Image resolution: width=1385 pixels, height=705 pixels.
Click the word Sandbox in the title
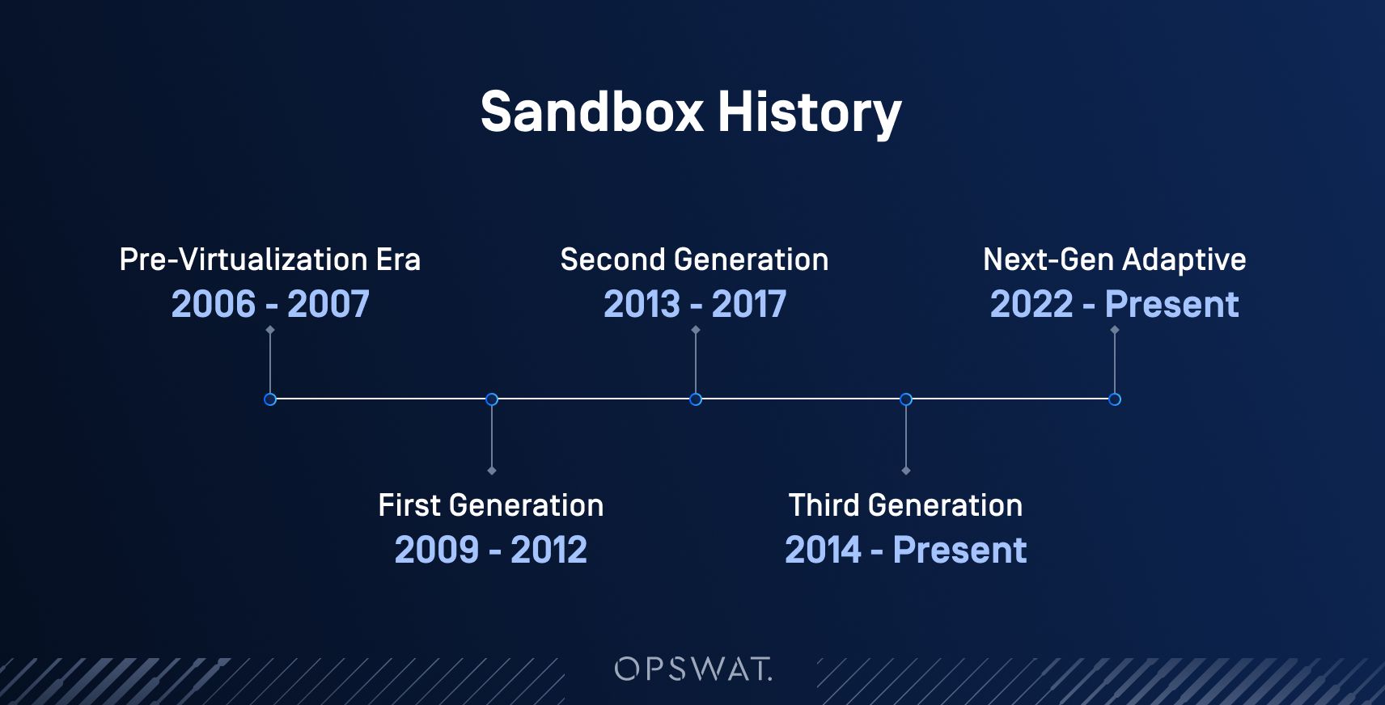(x=591, y=112)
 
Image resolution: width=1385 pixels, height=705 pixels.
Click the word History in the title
(x=809, y=112)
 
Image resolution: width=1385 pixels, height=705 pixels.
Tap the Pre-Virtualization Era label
(x=269, y=260)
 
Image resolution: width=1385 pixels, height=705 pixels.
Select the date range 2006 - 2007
(x=269, y=305)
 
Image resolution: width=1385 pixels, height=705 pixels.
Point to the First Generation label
(x=490, y=505)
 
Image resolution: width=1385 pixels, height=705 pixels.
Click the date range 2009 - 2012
(x=490, y=551)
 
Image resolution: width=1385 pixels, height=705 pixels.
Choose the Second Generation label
(x=694, y=260)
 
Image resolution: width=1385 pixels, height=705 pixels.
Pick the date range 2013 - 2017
(x=694, y=305)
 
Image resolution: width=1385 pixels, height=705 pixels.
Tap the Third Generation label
(x=905, y=505)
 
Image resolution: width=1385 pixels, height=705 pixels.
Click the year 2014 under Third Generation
(x=823, y=551)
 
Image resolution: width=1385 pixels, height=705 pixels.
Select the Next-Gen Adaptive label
(x=1114, y=260)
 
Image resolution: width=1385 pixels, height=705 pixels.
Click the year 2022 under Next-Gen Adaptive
(x=1031, y=305)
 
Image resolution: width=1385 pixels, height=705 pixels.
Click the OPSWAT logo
(x=693, y=669)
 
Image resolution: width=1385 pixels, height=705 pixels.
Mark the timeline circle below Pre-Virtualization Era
(x=270, y=399)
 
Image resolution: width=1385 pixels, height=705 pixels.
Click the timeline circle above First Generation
(x=491, y=399)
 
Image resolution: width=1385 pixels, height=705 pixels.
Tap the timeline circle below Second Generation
(x=695, y=399)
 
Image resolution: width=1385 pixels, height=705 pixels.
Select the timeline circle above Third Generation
(x=906, y=399)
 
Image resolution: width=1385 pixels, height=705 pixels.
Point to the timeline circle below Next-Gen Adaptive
(x=1115, y=399)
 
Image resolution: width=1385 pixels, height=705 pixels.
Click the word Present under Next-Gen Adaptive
(x=1171, y=305)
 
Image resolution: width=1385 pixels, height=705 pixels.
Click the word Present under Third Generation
(x=959, y=551)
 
